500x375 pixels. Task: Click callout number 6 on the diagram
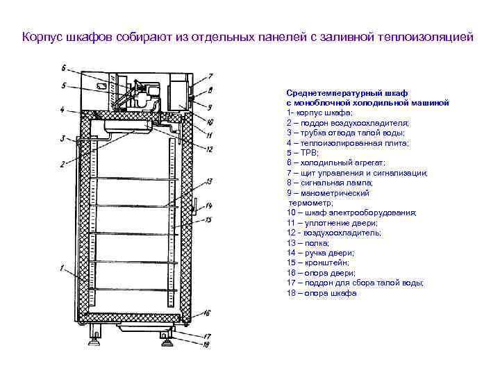tap(64, 69)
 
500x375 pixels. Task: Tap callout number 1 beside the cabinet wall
tap(63, 267)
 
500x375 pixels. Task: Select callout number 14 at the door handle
tap(208, 206)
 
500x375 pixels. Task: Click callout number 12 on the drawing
tap(209, 149)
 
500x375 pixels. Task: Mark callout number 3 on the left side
tap(62, 139)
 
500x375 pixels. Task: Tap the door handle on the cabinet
tap(194, 207)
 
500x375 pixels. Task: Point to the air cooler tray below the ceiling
tap(127, 127)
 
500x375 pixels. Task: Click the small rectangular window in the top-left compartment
tap(102, 85)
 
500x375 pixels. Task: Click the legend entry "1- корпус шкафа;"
tap(319, 112)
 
